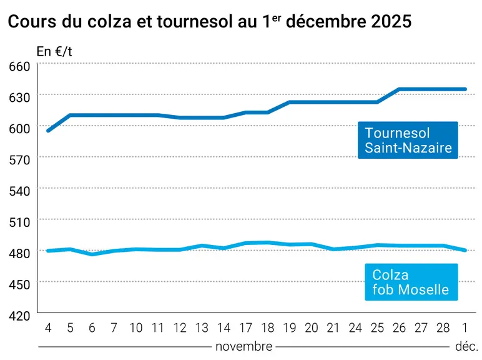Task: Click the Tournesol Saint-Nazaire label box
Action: click(408, 140)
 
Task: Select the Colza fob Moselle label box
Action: click(411, 282)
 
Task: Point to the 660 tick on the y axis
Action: click(19, 66)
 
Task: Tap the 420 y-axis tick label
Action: click(19, 316)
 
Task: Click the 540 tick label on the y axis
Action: click(19, 191)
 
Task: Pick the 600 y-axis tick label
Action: click(19, 129)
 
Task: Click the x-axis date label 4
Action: click(48, 328)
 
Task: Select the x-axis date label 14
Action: click(224, 328)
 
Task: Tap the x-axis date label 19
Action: click(289, 328)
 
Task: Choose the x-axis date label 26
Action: click(399, 328)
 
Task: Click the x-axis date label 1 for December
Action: click(465, 328)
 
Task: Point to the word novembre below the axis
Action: click(243, 347)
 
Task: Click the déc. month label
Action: click(466, 347)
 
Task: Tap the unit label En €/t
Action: click(54, 52)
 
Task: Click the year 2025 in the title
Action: click(391, 21)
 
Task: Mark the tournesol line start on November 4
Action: click(48, 131)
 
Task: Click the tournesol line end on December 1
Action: click(465, 89)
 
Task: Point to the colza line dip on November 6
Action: click(92, 254)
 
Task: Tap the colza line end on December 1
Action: click(465, 250)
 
